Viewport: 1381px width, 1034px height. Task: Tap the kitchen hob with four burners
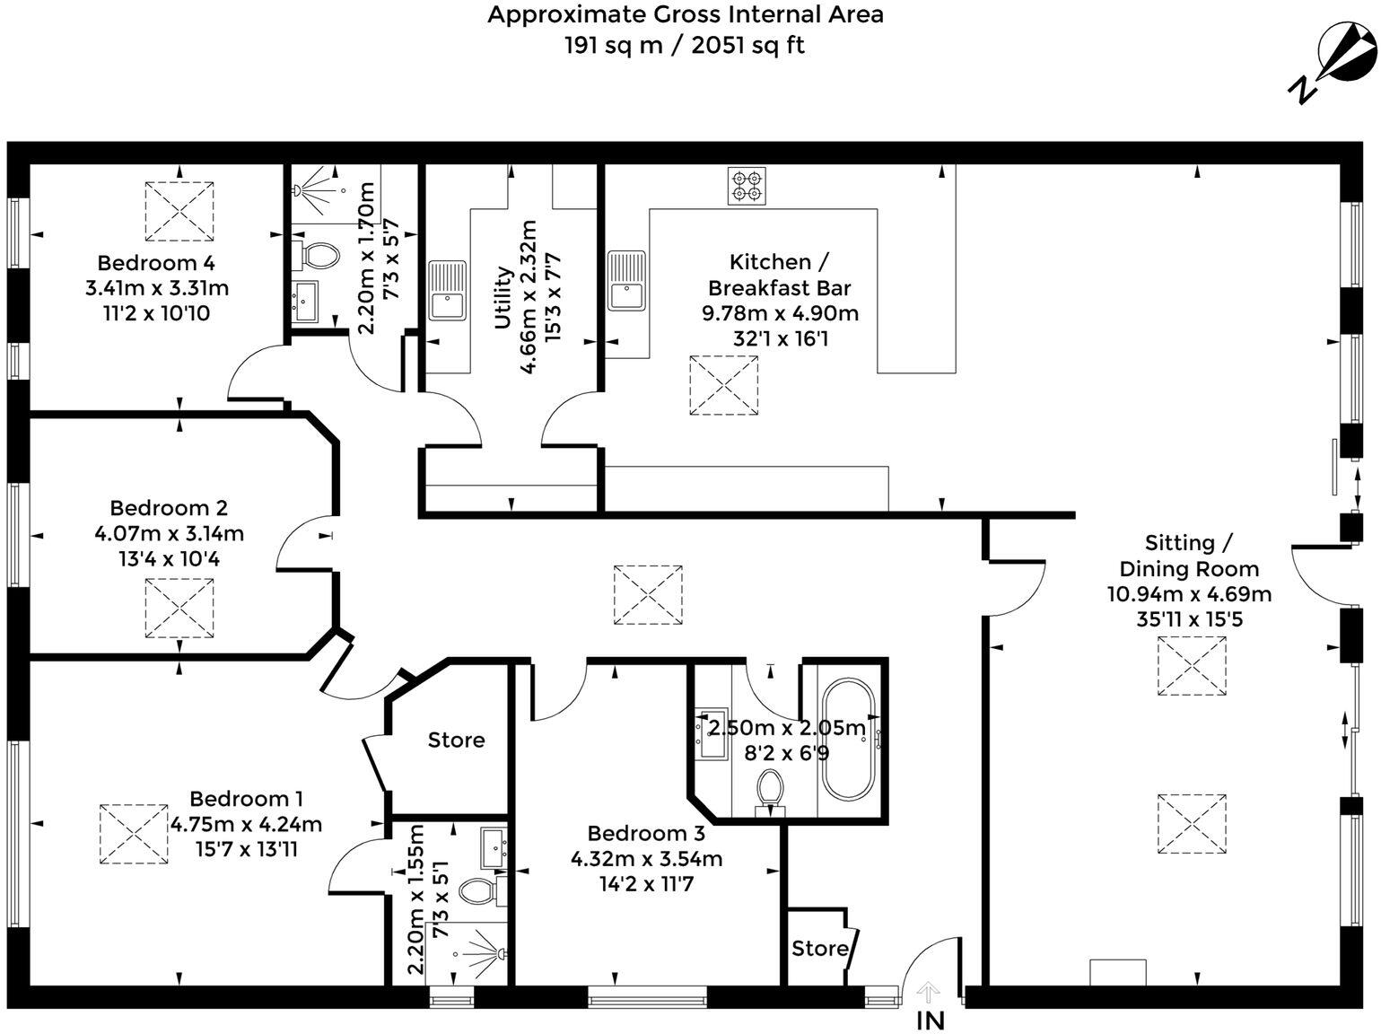[747, 185]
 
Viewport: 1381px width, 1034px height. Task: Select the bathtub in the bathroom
[848, 740]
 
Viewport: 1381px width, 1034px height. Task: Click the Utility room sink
[447, 290]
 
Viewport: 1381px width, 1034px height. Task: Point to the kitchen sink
[625, 280]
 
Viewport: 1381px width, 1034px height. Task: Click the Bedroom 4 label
[156, 263]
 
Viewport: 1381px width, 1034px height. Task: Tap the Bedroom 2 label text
[169, 507]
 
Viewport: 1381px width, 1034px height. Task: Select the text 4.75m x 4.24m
[246, 824]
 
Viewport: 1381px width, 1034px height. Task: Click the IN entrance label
[930, 1021]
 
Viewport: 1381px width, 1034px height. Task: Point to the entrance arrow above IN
[929, 992]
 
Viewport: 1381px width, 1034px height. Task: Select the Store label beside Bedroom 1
[456, 740]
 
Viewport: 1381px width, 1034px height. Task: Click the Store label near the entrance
[819, 949]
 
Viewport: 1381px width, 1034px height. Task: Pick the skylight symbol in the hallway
[647, 594]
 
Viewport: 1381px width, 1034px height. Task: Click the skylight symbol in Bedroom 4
[179, 211]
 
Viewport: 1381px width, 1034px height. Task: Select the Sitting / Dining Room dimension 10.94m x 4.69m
[1189, 593]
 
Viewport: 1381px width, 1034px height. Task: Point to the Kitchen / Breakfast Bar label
[779, 275]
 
